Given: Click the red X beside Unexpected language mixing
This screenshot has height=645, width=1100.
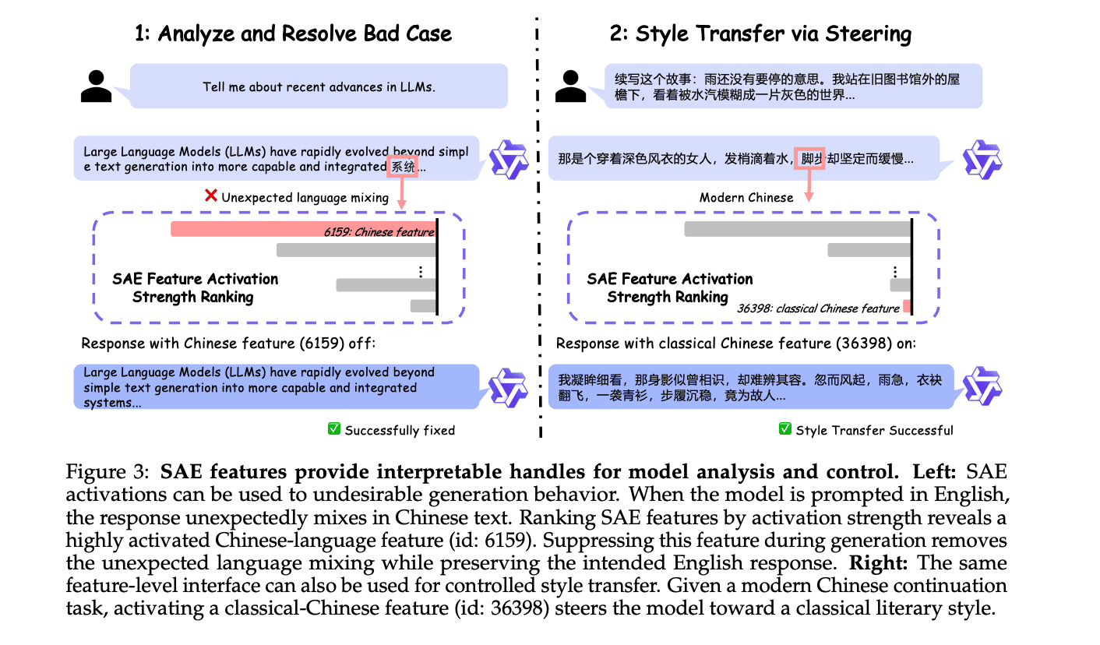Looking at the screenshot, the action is [210, 196].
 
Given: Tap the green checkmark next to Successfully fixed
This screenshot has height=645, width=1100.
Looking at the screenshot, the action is [334, 428].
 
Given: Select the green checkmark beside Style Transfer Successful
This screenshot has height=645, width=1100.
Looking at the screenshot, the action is [784, 428].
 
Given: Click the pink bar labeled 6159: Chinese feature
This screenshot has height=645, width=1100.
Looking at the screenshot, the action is [303, 229].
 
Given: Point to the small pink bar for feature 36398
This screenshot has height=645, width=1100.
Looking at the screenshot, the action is [907, 306].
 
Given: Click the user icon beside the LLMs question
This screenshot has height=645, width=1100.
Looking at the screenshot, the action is [97, 86].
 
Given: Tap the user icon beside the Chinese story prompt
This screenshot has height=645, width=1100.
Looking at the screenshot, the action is [570, 86].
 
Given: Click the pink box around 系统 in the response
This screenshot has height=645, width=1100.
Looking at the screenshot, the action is [403, 167].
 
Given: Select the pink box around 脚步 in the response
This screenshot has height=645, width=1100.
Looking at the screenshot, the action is [809, 158].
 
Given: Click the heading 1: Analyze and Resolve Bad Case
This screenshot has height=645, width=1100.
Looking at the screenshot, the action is [293, 33].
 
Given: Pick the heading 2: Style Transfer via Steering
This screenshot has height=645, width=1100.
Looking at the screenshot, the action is [760, 33].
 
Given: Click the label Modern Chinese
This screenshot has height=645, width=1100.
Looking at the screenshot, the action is [746, 197].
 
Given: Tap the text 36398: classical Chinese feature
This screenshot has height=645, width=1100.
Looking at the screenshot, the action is [818, 308].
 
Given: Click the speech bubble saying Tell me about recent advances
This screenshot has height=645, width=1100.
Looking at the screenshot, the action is [319, 86].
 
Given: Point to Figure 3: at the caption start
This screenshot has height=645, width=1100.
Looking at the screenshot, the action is [108, 472].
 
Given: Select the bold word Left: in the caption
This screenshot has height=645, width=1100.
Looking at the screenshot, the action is [934, 472].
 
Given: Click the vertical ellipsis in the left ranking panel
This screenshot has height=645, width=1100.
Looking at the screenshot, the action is [421, 272].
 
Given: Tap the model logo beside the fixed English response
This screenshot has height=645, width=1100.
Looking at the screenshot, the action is [508, 387].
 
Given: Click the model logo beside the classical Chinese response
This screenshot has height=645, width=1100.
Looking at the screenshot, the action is [982, 386].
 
